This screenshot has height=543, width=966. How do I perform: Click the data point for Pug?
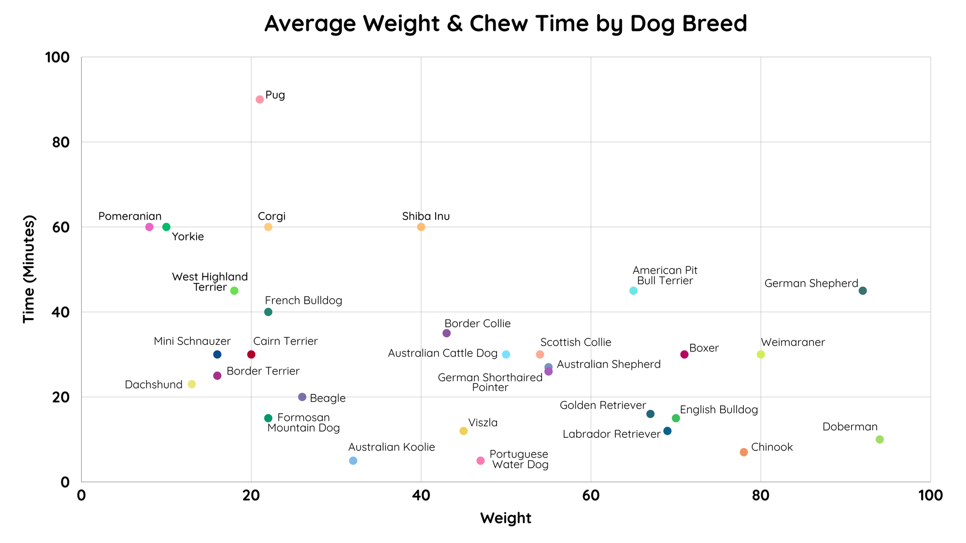pyautogui.click(x=259, y=99)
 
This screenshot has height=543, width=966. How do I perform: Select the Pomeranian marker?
pyautogui.click(x=149, y=227)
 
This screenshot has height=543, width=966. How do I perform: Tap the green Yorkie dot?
pyautogui.click(x=166, y=227)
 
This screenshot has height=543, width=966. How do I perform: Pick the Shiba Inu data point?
pyautogui.click(x=421, y=227)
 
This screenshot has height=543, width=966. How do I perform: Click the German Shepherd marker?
pyautogui.click(x=863, y=291)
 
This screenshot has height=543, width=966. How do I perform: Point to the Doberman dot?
pyautogui.click(x=880, y=439)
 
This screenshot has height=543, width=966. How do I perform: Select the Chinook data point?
pyautogui.click(x=744, y=452)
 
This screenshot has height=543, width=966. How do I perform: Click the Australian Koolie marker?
pyautogui.click(x=353, y=460)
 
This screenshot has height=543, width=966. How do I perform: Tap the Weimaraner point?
pyautogui.click(x=761, y=354)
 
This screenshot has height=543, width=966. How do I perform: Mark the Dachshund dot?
pyautogui.click(x=192, y=384)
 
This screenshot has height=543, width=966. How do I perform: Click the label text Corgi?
pyautogui.click(x=271, y=216)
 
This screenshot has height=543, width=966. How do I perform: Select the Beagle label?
pyautogui.click(x=327, y=398)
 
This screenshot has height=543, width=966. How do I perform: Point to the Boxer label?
pyautogui.click(x=704, y=348)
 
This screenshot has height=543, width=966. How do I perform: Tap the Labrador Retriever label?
pyautogui.click(x=611, y=434)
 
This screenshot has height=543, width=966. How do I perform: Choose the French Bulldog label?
pyautogui.click(x=303, y=301)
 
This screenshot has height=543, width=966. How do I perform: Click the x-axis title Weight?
pyautogui.click(x=505, y=518)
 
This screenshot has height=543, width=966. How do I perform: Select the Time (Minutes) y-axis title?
pyautogui.click(x=29, y=269)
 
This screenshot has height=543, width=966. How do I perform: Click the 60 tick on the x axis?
pyautogui.click(x=591, y=496)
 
